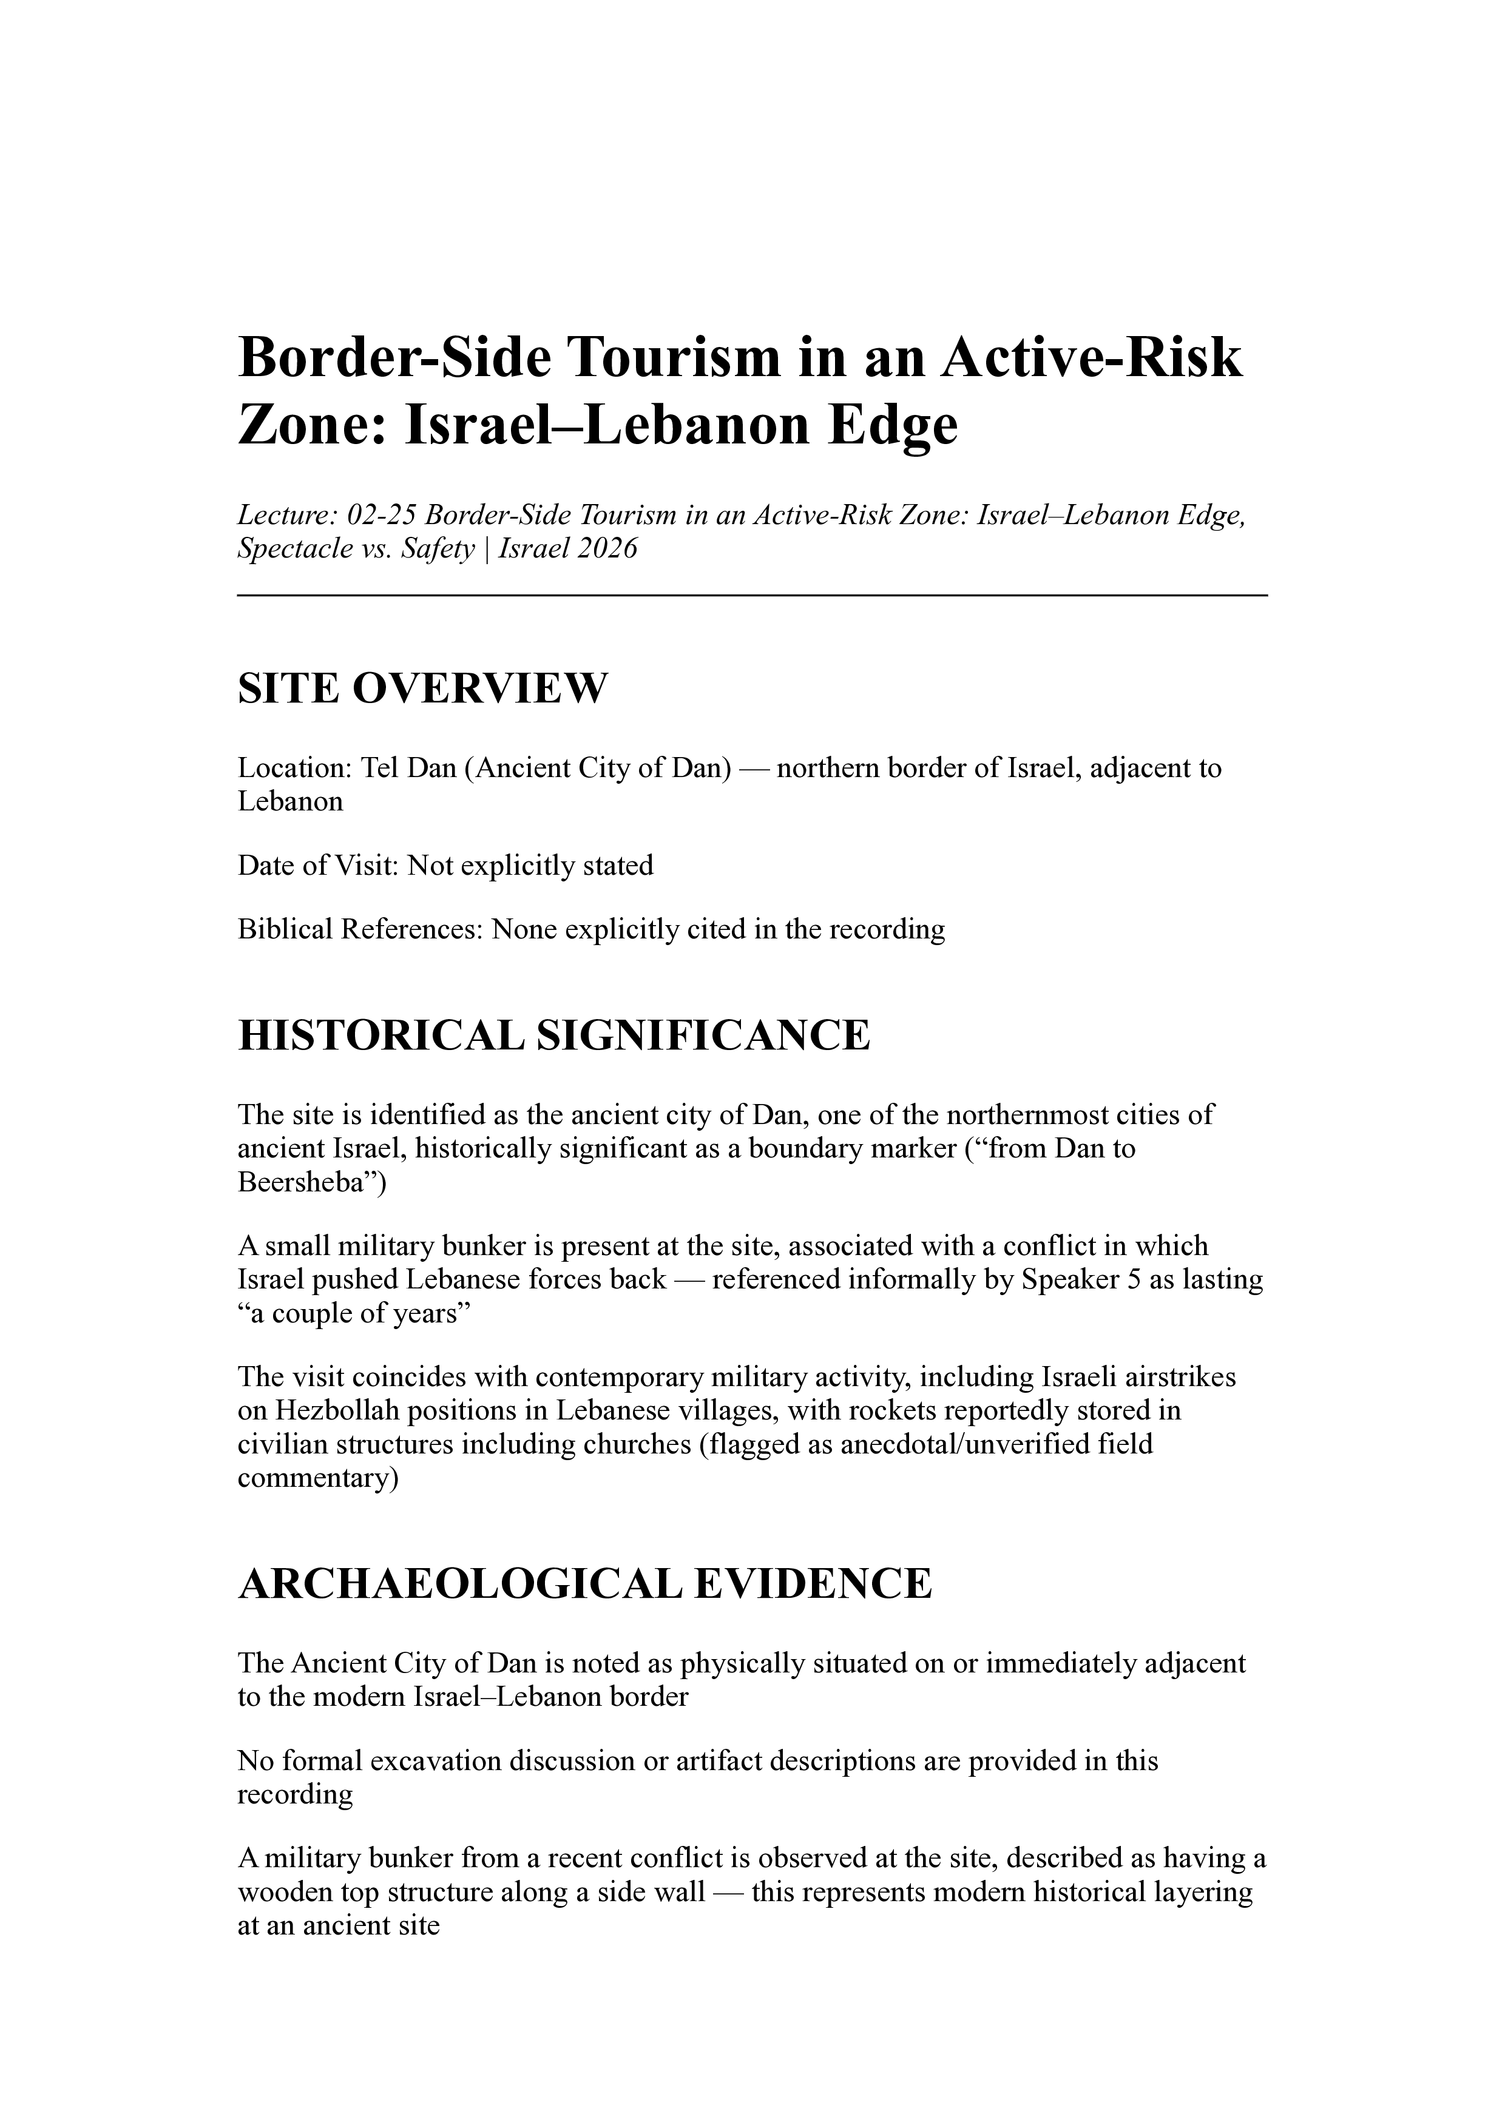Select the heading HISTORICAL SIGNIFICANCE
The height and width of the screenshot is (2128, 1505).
click(x=553, y=1035)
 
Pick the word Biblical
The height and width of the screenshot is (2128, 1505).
click(x=285, y=929)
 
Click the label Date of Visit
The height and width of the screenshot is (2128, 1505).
click(x=318, y=866)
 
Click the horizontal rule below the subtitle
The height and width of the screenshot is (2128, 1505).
click(x=752, y=596)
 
